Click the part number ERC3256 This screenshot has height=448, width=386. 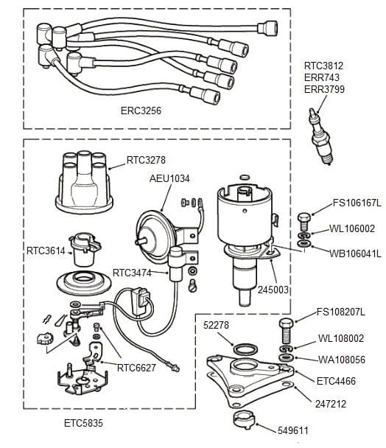(141, 112)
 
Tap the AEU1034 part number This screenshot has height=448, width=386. (170, 178)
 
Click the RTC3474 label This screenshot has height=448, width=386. (133, 273)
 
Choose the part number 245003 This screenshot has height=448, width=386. (274, 290)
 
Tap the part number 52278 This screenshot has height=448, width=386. (215, 325)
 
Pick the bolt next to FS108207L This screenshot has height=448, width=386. (287, 327)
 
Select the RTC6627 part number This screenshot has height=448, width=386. (136, 366)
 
